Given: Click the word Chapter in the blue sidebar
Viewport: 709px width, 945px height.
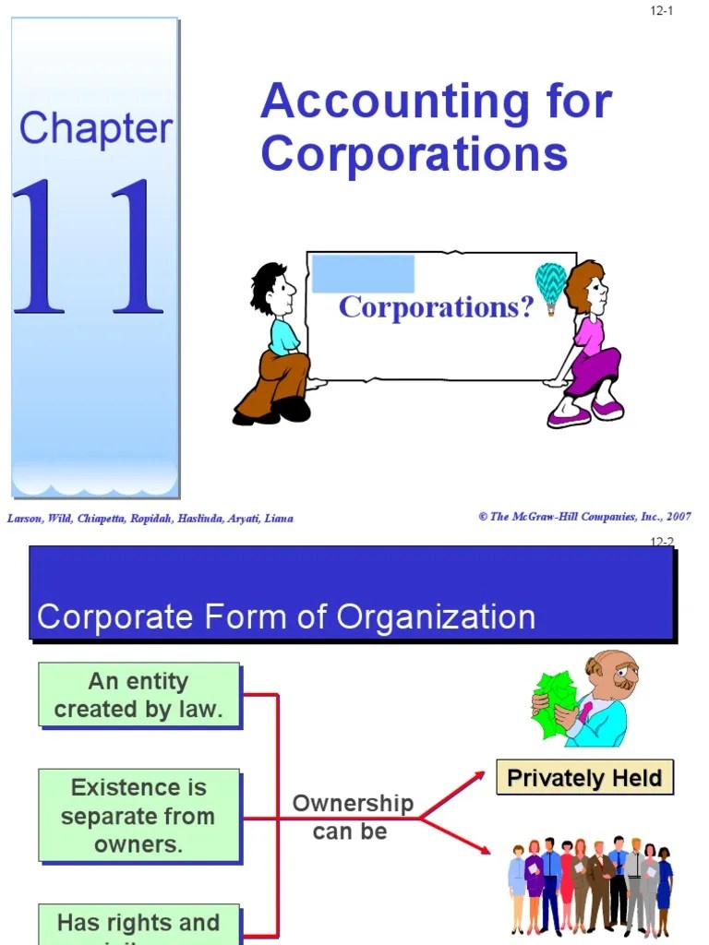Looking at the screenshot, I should pyautogui.click(x=96, y=128).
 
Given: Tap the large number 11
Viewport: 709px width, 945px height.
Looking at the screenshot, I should pyautogui.click(x=89, y=247).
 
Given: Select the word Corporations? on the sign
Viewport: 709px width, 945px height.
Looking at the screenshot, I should pyautogui.click(x=436, y=307).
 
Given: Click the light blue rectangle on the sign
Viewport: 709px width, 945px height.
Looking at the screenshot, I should pyautogui.click(x=363, y=274).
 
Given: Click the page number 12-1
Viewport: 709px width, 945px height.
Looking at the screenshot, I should pyautogui.click(x=661, y=11).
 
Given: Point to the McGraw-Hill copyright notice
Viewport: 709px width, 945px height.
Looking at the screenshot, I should pyautogui.click(x=584, y=517).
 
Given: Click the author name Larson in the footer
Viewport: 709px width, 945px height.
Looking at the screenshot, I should pyautogui.click(x=25, y=519).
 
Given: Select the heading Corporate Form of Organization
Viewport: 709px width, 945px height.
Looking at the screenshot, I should pyautogui.click(x=286, y=616).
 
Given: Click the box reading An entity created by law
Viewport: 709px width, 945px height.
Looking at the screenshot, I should pyautogui.click(x=139, y=695).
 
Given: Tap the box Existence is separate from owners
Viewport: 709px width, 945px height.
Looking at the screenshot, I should pyautogui.click(x=139, y=816).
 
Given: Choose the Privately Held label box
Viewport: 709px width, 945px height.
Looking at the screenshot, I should pyautogui.click(x=584, y=777).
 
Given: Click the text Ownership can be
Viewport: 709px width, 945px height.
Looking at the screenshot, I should pyautogui.click(x=352, y=817).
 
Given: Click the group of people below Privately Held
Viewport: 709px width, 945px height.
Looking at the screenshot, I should pyautogui.click(x=590, y=886).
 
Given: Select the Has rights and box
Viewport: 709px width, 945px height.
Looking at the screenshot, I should pyautogui.click(x=139, y=923).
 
